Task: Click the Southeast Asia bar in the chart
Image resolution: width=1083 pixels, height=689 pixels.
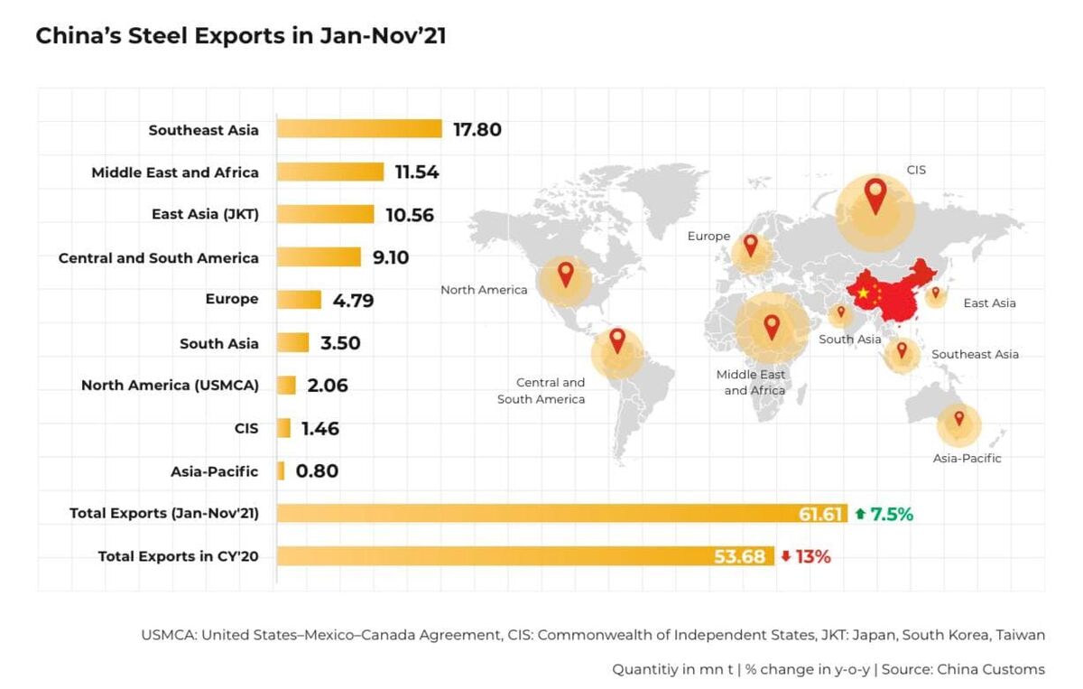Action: [359, 129]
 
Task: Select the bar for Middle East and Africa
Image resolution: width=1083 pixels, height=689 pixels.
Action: [330, 172]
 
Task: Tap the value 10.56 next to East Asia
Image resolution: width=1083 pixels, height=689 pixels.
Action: [410, 215]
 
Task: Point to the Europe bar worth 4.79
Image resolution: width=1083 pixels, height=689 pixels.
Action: [299, 300]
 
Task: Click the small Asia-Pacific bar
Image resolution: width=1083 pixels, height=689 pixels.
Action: [281, 470]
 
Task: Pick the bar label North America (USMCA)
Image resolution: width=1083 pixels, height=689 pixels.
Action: [170, 386]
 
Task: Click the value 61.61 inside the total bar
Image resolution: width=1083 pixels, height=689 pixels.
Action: [820, 514]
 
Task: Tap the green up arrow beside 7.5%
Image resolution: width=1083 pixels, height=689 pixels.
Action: [859, 513]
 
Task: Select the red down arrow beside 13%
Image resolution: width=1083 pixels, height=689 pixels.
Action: [786, 556]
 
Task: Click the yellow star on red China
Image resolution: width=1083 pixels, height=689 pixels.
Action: [863, 293]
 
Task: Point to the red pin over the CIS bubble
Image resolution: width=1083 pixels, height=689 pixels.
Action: [875, 196]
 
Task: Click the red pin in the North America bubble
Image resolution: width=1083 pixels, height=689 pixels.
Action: [566, 275]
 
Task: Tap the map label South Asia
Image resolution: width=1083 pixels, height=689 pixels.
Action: [849, 340]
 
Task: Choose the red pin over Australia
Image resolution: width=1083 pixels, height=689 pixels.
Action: [959, 418]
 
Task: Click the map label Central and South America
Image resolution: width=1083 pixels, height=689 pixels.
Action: [541, 390]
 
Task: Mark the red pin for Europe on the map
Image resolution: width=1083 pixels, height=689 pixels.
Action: [750, 246]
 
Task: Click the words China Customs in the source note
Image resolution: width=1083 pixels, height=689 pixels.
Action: [991, 669]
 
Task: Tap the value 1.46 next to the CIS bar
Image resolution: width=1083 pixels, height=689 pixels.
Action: [320, 429]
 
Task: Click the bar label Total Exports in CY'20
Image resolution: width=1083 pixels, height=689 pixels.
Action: [179, 556]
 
